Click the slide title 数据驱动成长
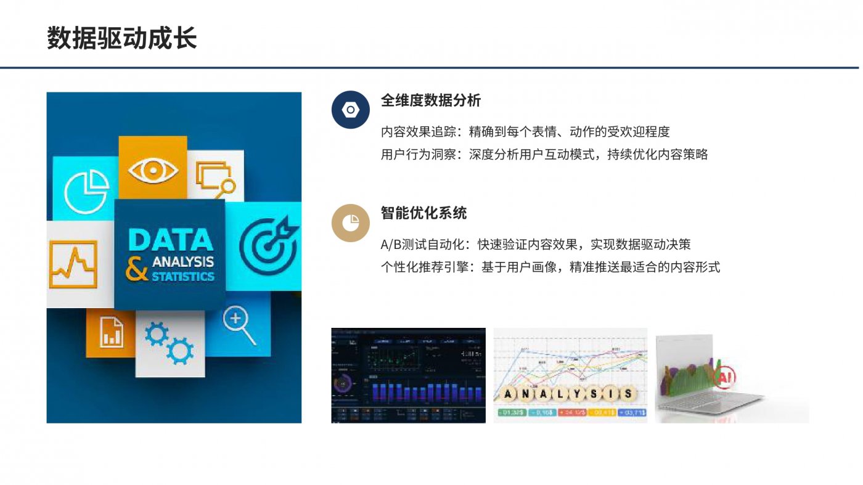pos(122,38)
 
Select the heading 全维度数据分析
pos(430,100)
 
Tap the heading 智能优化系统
pos(423,213)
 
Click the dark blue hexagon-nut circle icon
pos(350,110)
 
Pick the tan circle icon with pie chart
pos(350,222)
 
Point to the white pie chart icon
pos(86,189)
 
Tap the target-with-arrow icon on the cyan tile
pos(267,245)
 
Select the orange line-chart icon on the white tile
pos(73,264)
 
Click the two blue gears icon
pos(168,343)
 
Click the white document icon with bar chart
pos(112,332)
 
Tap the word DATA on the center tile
pos(170,240)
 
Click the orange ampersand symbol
pos(137,269)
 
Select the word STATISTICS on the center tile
pos(183,276)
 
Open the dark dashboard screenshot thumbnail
pos(408,375)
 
